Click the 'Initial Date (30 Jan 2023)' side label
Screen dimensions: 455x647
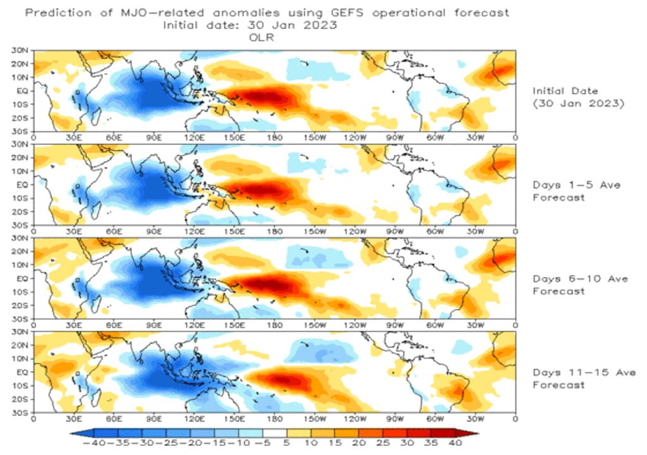pyautogui.click(x=578, y=97)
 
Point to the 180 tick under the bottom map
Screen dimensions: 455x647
pyautogui.click(x=274, y=418)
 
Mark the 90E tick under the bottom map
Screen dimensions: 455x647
pyautogui.click(x=154, y=418)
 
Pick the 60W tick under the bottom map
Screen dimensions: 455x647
pyautogui.click(x=435, y=418)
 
